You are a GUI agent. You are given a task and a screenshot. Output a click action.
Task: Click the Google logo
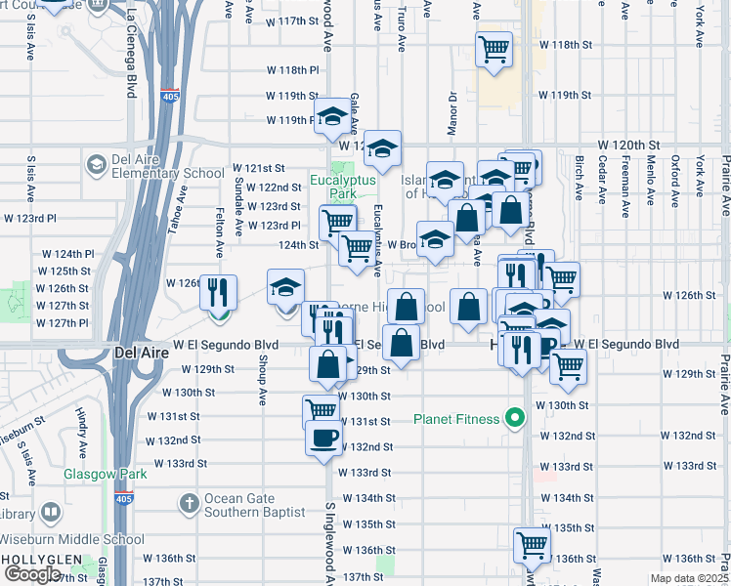click(x=33, y=574)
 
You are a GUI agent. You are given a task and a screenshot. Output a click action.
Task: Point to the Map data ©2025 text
click(x=688, y=578)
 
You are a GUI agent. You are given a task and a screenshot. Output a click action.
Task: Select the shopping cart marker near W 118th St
click(x=494, y=48)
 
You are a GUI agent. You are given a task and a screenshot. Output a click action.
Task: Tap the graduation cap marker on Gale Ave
click(x=332, y=117)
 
